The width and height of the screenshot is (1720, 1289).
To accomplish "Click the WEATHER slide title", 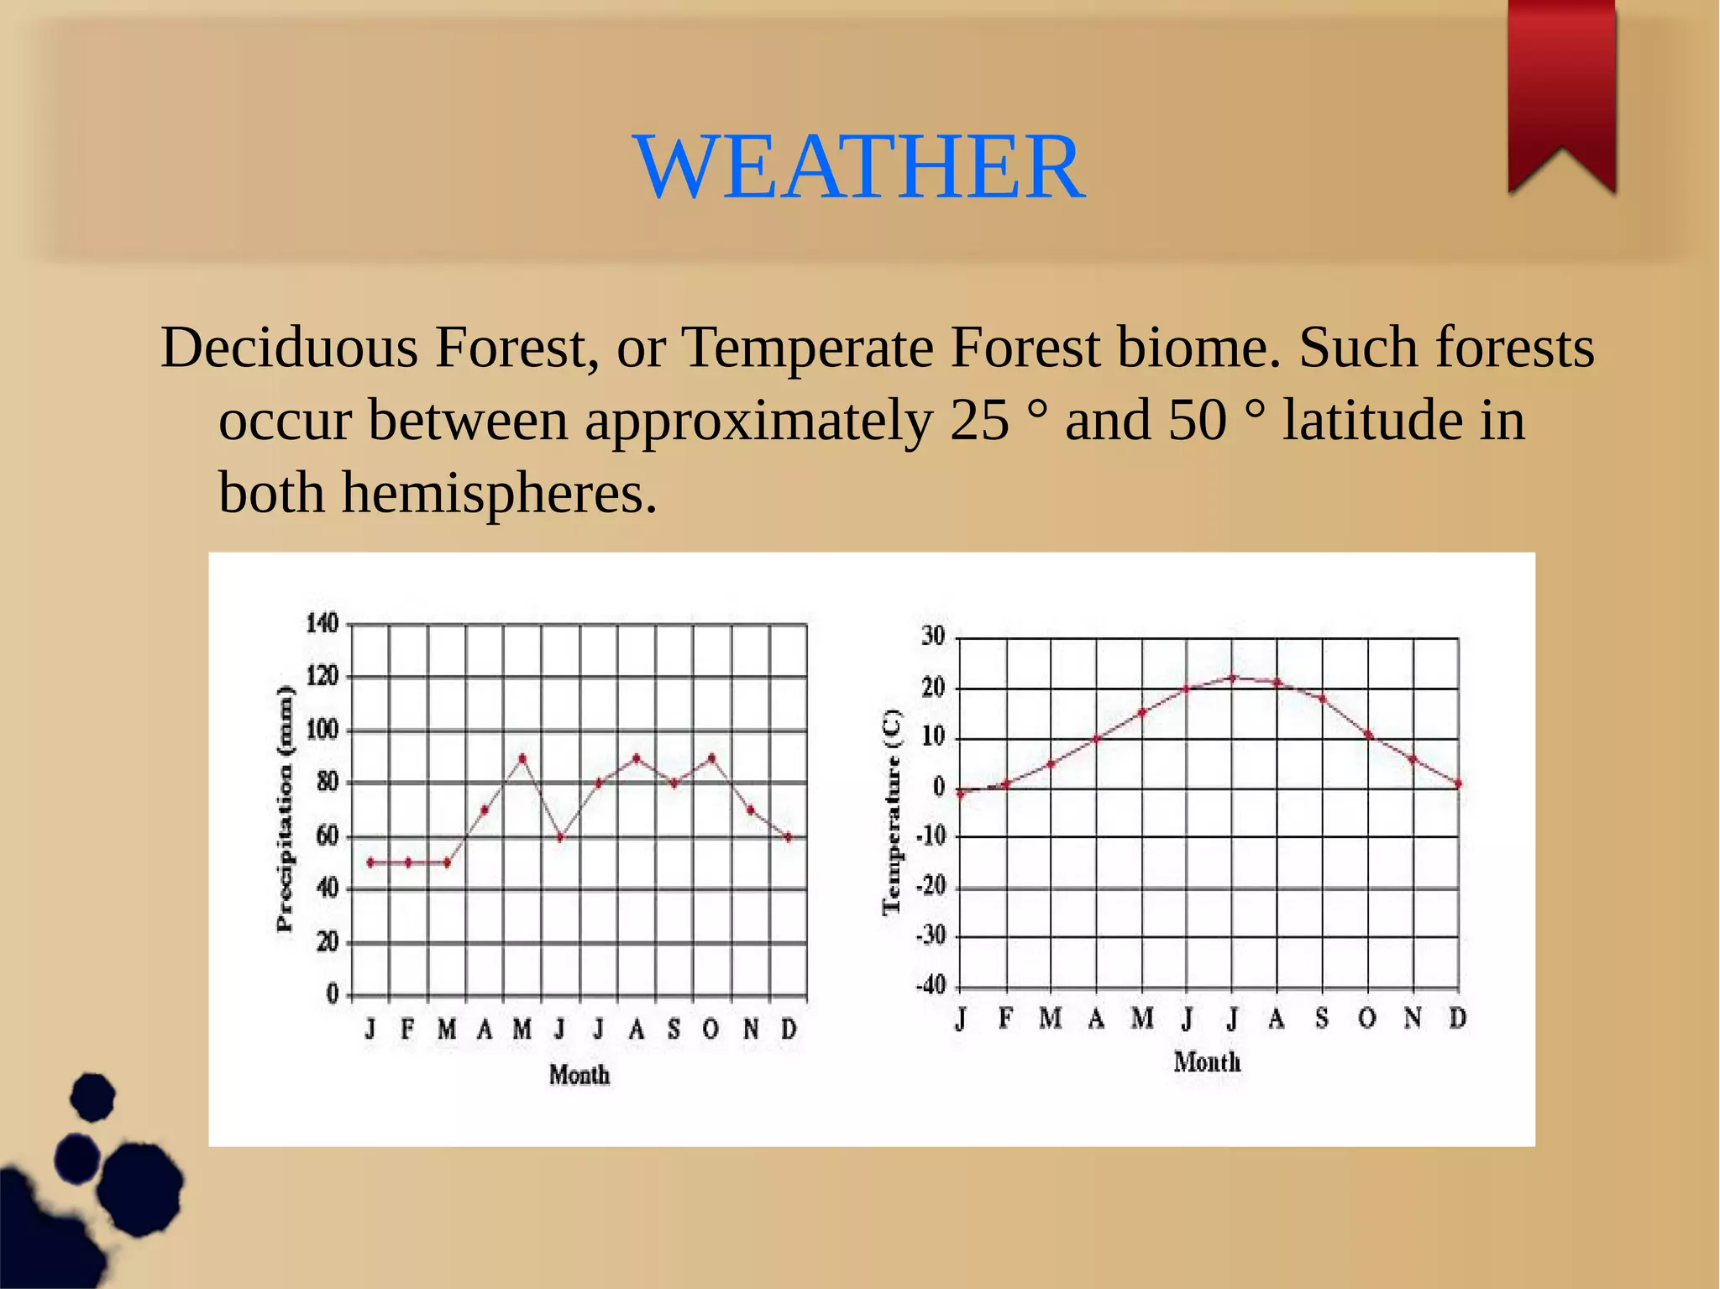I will [859, 168].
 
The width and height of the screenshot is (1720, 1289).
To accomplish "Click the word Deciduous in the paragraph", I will [289, 348].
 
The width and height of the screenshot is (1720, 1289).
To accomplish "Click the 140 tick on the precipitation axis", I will [322, 624].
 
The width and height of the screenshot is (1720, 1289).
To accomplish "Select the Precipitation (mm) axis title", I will [286, 809].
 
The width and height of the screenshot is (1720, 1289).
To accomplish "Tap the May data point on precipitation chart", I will [522, 758].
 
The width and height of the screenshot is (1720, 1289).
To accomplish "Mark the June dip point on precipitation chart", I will [560, 836].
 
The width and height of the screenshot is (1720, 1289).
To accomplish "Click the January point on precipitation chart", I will [370, 862].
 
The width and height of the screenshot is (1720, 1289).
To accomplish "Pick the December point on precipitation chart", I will [788, 836].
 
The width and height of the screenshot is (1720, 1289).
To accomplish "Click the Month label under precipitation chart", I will [579, 1075].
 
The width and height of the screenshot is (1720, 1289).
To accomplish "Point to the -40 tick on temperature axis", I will [930, 985].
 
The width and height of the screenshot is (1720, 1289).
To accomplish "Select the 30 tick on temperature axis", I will [933, 637].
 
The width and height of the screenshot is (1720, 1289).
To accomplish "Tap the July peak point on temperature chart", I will [1232, 677].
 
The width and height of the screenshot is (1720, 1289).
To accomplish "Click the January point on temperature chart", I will [961, 793].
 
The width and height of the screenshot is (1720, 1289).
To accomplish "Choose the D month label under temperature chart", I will [1458, 1019].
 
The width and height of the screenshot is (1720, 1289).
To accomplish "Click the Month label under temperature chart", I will [1207, 1062].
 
